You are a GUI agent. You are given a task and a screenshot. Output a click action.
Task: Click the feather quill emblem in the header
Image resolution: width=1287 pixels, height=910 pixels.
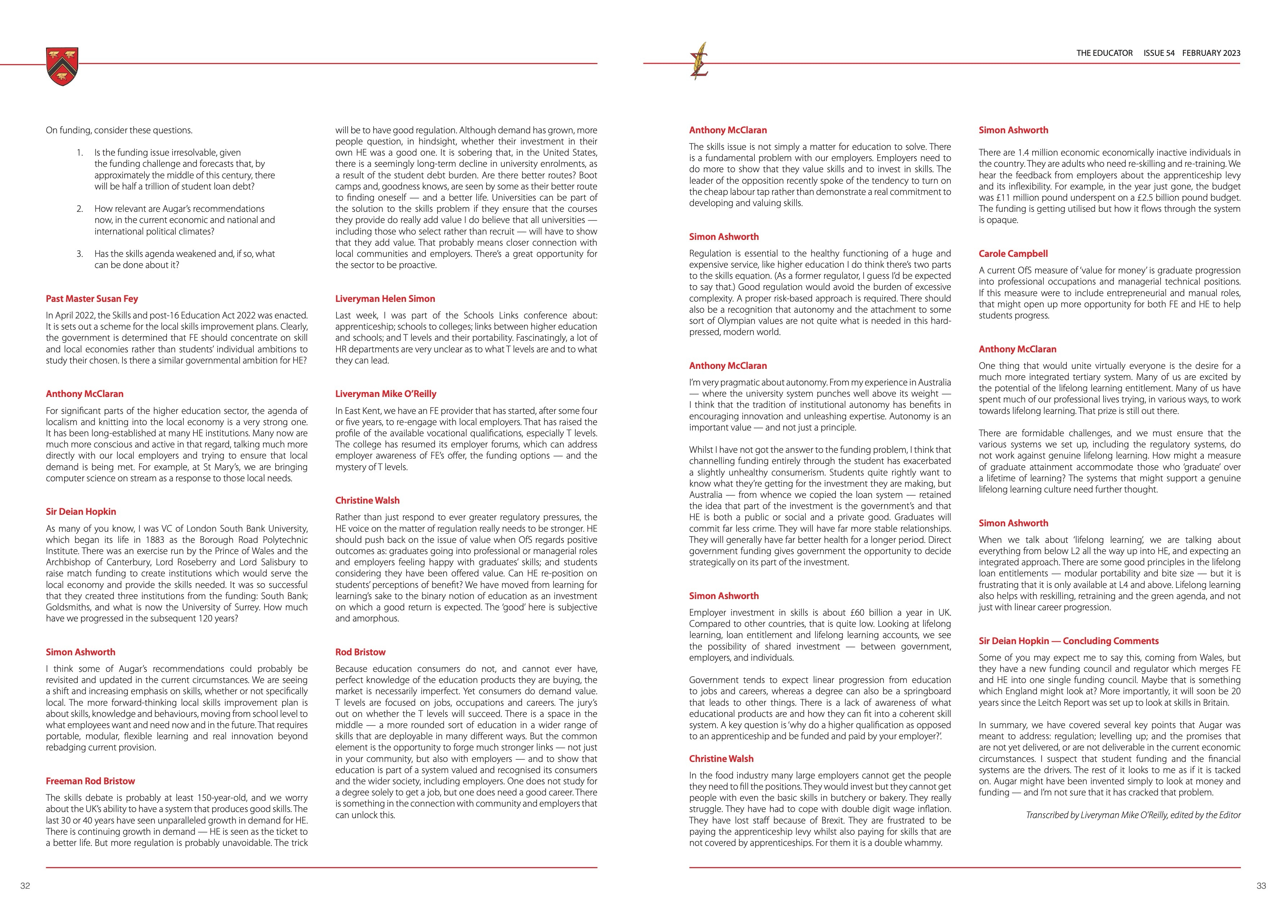click(699, 61)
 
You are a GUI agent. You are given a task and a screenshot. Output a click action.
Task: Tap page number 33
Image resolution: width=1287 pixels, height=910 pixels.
click(1261, 886)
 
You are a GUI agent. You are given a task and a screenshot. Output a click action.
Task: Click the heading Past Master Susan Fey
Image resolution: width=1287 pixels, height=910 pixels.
click(92, 299)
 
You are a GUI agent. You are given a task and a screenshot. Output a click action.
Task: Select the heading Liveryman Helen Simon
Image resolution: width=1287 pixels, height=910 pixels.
click(385, 299)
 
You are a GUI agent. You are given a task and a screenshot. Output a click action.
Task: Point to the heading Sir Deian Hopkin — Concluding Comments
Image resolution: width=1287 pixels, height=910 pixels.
click(1068, 641)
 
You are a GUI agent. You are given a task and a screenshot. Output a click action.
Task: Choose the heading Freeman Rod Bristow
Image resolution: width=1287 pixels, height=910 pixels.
click(90, 781)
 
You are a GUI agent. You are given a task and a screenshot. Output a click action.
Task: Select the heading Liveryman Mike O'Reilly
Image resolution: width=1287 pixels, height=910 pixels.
click(386, 394)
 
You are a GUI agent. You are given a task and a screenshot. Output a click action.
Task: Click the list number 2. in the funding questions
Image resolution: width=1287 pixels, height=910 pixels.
click(80, 209)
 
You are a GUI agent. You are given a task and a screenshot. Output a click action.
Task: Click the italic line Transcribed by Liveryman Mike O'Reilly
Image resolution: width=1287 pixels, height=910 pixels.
click(1133, 815)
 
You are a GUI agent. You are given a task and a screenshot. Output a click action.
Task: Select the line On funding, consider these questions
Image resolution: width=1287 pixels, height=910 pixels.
click(119, 130)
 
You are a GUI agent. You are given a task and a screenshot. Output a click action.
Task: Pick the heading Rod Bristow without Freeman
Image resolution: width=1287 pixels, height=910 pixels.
click(360, 652)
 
